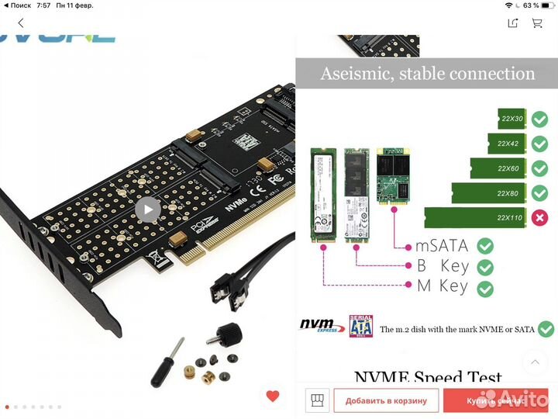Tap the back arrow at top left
[21, 23]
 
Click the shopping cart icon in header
[536, 23]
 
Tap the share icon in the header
[512, 23]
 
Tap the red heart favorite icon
[272, 396]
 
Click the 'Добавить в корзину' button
[386, 400]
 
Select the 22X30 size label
[511, 119]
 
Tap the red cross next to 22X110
[539, 217]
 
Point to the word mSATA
[442, 246]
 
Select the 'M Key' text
[442, 286]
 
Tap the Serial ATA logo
[360, 326]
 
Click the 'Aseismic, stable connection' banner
[428, 74]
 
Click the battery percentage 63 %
[530, 5]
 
